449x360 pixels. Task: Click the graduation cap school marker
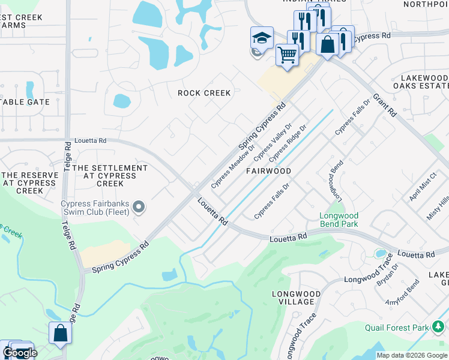click(x=262, y=37)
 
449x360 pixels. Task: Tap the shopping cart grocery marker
click(x=287, y=55)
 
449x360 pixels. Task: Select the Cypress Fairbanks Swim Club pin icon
click(x=139, y=208)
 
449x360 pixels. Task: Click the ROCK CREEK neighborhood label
click(x=204, y=93)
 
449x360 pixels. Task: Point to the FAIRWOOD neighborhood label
click(x=268, y=171)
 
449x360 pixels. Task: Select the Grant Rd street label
click(x=385, y=104)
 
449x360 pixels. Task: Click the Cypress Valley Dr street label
click(x=272, y=142)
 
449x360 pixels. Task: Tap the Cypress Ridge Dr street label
click(x=288, y=143)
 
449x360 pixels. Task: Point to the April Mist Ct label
click(x=422, y=188)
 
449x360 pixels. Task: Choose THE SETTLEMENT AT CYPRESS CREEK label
click(x=109, y=176)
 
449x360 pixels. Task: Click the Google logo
click(x=19, y=353)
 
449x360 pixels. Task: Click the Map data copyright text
click(x=412, y=355)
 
